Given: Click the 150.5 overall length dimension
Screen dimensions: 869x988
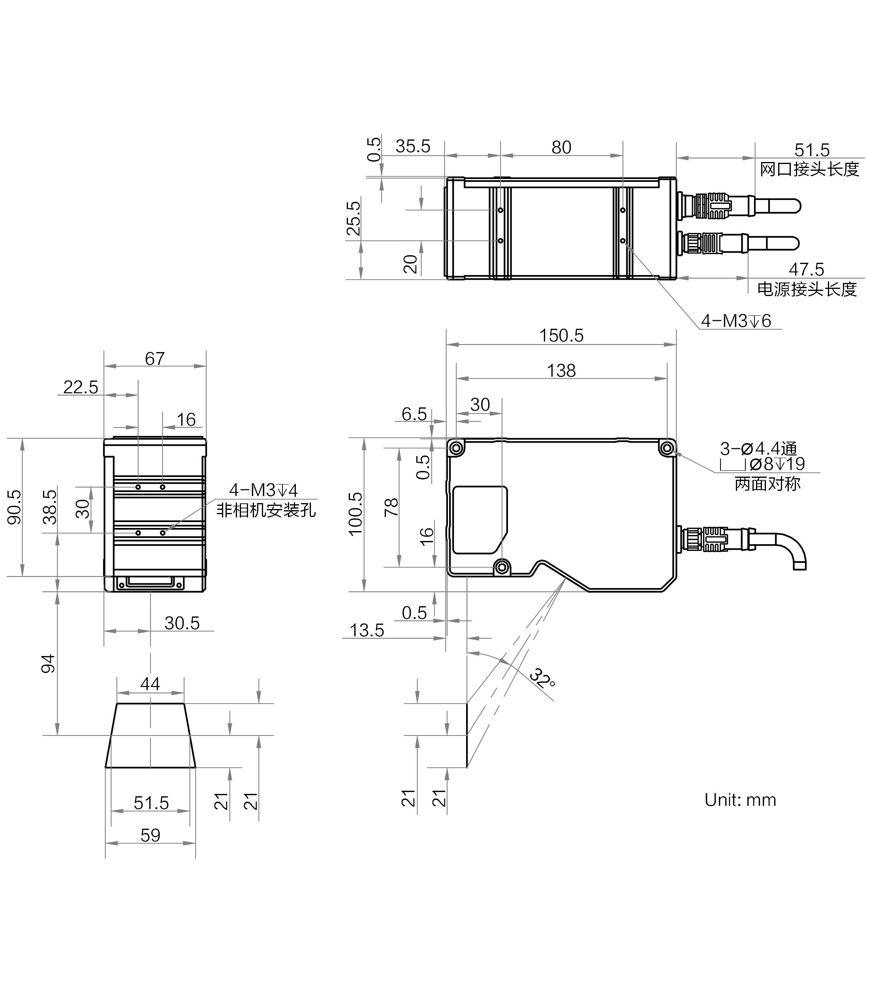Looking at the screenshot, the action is point(561,336).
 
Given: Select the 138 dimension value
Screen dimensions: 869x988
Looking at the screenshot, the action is point(561,371).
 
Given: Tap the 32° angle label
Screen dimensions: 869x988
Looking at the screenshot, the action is point(542,678).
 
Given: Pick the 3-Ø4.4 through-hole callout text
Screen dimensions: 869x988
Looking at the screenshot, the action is point(758,449).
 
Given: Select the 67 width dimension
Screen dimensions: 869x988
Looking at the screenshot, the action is point(154,359).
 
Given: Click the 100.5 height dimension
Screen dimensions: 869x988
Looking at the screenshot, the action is point(355,514).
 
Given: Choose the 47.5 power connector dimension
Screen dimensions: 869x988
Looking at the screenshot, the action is point(806,269).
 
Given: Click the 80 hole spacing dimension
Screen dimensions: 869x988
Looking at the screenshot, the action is point(561,147).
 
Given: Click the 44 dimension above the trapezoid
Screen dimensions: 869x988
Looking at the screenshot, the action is point(150,684).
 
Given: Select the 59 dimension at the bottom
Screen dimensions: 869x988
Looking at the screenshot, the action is point(150,835).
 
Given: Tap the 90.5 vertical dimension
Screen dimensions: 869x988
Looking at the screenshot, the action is point(15,507).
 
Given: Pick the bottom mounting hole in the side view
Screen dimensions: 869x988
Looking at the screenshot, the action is point(502,566).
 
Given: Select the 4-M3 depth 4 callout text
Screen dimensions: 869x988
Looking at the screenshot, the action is point(263,490).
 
